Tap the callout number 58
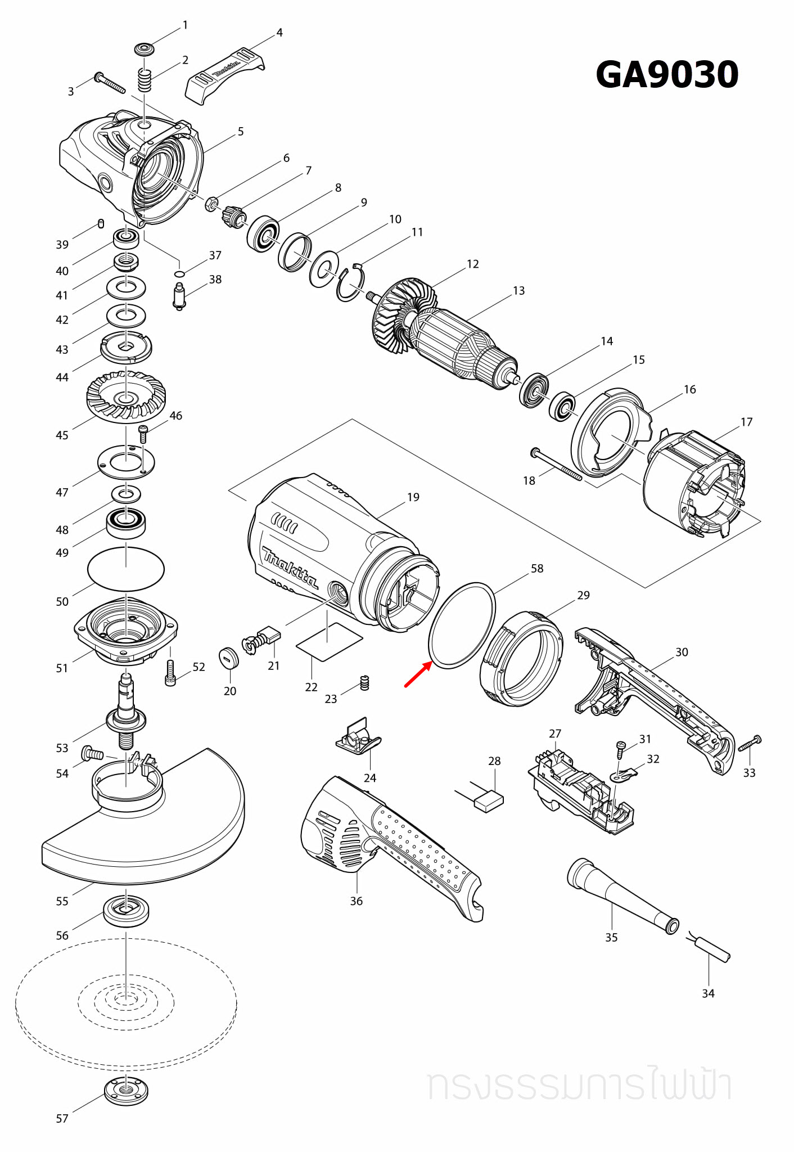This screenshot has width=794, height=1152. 537,569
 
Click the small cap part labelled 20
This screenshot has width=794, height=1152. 229,658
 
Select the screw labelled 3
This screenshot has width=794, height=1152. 110,82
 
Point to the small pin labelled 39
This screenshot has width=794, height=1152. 101,223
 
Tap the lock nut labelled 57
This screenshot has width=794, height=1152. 127,1091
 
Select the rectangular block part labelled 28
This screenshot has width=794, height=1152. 489,800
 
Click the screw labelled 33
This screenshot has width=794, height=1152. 750,744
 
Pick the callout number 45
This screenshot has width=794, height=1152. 62,435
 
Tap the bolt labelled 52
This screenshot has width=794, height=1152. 171,673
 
